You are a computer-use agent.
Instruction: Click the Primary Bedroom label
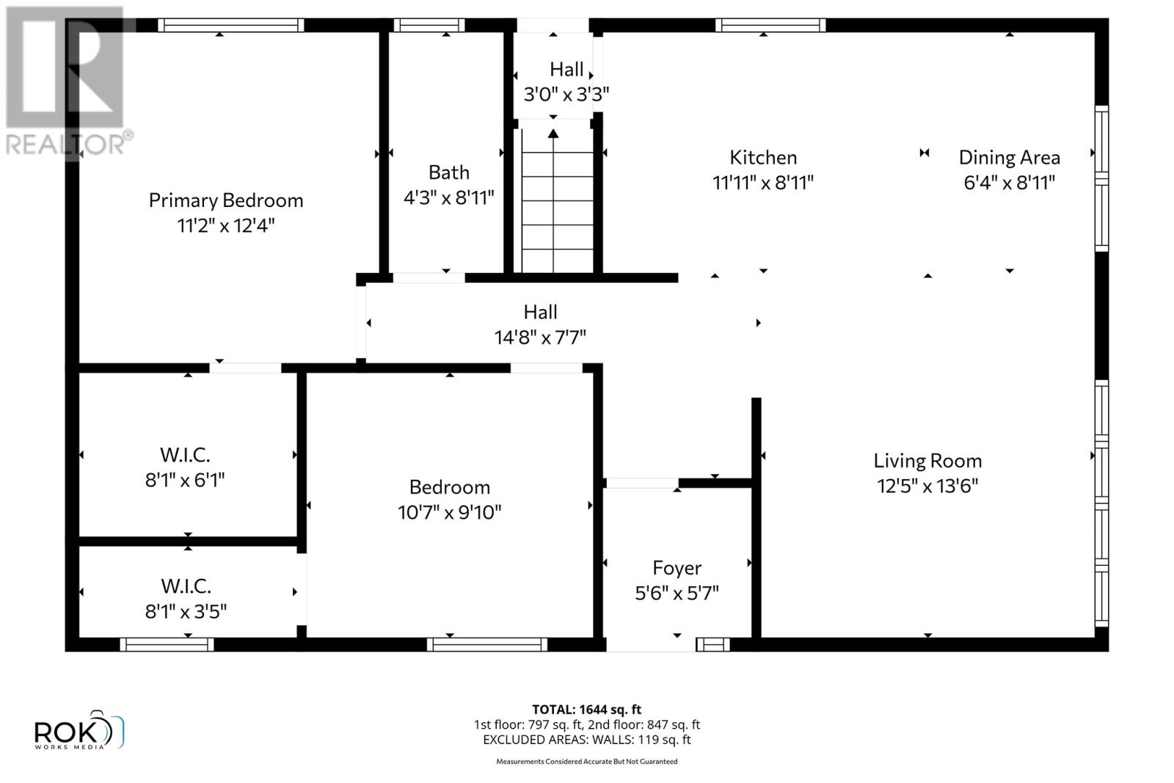point(225,200)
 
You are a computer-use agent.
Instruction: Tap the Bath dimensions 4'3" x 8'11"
point(448,197)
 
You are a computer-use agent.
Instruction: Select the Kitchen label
point(762,157)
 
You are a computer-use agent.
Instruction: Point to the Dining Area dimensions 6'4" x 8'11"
point(1009,182)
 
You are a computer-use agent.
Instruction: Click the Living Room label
point(927,461)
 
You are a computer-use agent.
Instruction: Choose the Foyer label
point(677,568)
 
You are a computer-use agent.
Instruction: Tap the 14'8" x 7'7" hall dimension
point(540,338)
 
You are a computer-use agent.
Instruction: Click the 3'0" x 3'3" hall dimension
point(566,94)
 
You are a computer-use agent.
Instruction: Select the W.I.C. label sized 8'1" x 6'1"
point(185,455)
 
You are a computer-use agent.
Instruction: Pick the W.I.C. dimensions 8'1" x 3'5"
point(186,611)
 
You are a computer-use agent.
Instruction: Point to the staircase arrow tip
point(553,133)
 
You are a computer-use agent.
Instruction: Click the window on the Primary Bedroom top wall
point(230,26)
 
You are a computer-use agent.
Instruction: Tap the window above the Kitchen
point(770,26)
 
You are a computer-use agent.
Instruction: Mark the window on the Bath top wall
point(429,26)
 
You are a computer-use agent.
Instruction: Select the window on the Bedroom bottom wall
point(486,644)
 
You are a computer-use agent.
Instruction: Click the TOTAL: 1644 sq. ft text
point(586,710)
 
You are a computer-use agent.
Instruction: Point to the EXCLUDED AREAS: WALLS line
point(586,740)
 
